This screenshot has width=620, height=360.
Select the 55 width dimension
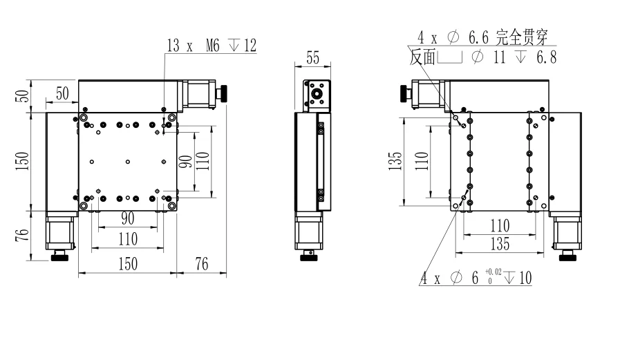click(313, 59)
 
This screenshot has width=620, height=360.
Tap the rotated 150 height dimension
click(22, 160)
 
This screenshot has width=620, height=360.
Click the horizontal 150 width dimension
click(126, 263)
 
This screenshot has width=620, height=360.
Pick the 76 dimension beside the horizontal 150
click(201, 263)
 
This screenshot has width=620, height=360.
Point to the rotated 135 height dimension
click(393, 160)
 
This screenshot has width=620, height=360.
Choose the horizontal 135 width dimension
click(500, 244)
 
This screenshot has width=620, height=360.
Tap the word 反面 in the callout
click(422, 58)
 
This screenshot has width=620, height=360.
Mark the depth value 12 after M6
click(250, 46)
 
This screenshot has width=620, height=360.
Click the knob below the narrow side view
click(309, 258)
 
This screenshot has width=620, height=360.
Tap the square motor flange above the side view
click(318, 95)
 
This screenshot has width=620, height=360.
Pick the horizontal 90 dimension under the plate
click(128, 218)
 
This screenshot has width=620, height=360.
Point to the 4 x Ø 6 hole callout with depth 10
click(476, 278)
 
